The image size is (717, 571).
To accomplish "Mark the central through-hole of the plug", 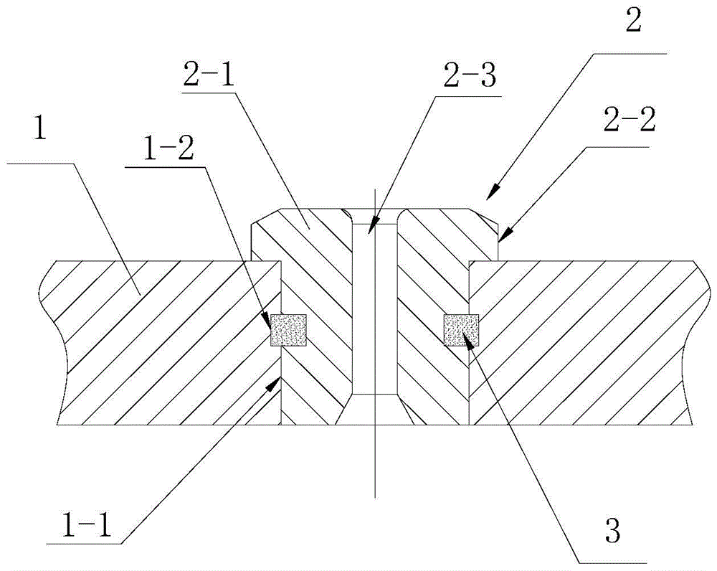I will point(374,308).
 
